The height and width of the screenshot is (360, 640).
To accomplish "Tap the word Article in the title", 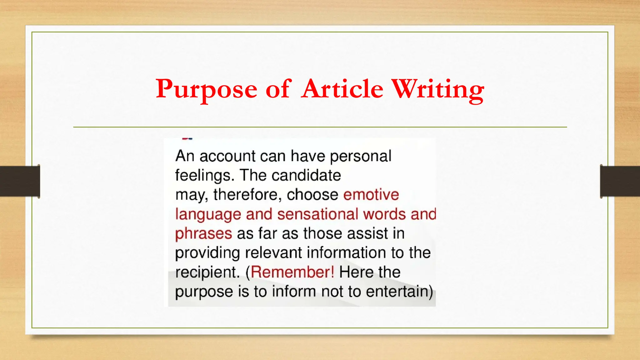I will point(342,89).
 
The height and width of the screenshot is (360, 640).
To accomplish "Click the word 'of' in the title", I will point(278,89).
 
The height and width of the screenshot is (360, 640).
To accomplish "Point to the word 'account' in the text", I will point(227,156).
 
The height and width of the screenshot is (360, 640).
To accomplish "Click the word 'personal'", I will point(360,156).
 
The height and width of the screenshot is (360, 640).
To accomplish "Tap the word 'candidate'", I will point(306,175).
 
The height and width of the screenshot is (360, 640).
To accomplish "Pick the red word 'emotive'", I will point(371,195).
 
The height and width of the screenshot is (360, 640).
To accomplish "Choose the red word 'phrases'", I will point(203,234).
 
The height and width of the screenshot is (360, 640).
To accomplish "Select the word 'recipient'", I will point(207,272).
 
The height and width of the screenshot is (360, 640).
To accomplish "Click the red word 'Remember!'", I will point(292,272).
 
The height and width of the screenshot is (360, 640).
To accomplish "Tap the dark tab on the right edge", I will point(620,181).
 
